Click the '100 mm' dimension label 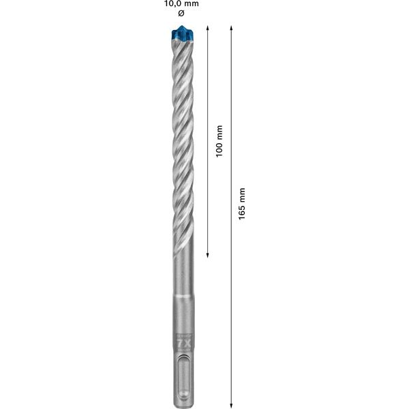[x=219, y=141]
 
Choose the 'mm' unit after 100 [x=219, y=131]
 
